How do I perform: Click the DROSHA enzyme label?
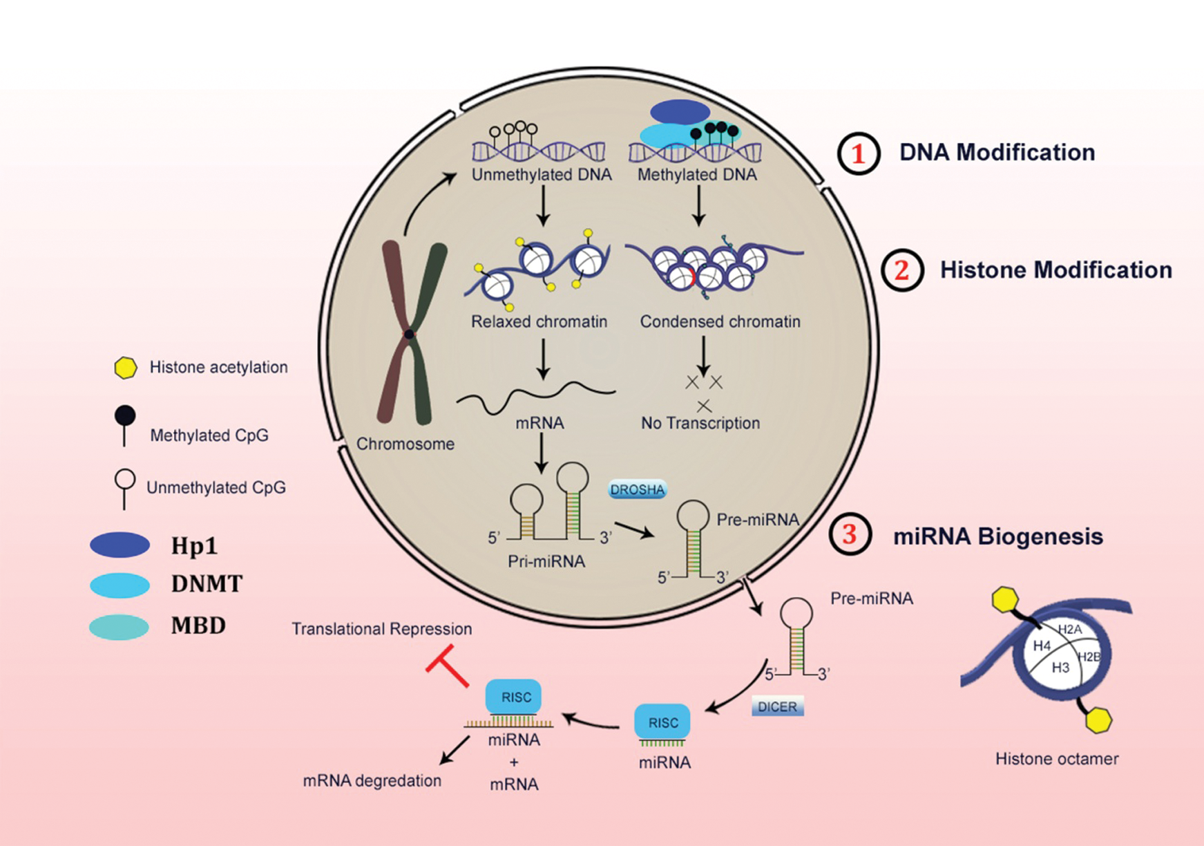[637, 489]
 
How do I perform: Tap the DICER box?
[777, 706]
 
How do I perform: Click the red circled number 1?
[859, 153]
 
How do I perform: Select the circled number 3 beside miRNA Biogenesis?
[850, 534]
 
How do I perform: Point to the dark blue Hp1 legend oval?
[120, 545]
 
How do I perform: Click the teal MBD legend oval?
[119, 627]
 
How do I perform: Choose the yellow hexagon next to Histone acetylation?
[125, 368]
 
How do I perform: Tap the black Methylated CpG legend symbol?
[125, 417]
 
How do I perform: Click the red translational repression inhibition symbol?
[447, 666]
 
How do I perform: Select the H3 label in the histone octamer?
[1060, 667]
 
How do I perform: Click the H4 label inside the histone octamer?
[1042, 646]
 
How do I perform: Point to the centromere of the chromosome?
[410, 335]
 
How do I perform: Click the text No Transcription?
[700, 423]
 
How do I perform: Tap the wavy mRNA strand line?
[535, 396]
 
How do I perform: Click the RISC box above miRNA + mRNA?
[513, 697]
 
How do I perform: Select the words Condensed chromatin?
[720, 321]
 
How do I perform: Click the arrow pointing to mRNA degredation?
[454, 751]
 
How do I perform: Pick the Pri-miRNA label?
[546, 561]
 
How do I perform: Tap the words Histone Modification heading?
[1055, 270]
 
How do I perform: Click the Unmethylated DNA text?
[542, 175]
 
